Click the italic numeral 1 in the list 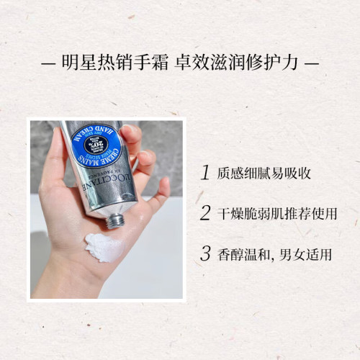(x=205, y=172)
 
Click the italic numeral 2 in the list (x=205, y=212)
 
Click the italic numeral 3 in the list (x=205, y=253)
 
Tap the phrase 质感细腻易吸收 (x=264, y=173)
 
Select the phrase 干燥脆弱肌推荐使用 (x=277, y=213)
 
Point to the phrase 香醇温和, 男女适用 (x=274, y=254)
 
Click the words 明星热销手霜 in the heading (x=115, y=63)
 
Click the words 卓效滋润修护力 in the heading (x=236, y=63)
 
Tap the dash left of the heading (x=48, y=64)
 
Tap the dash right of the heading (x=312, y=64)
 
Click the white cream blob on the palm (x=104, y=247)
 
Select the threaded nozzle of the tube (x=114, y=221)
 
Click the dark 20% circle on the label (x=96, y=145)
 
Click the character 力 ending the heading (x=289, y=63)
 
